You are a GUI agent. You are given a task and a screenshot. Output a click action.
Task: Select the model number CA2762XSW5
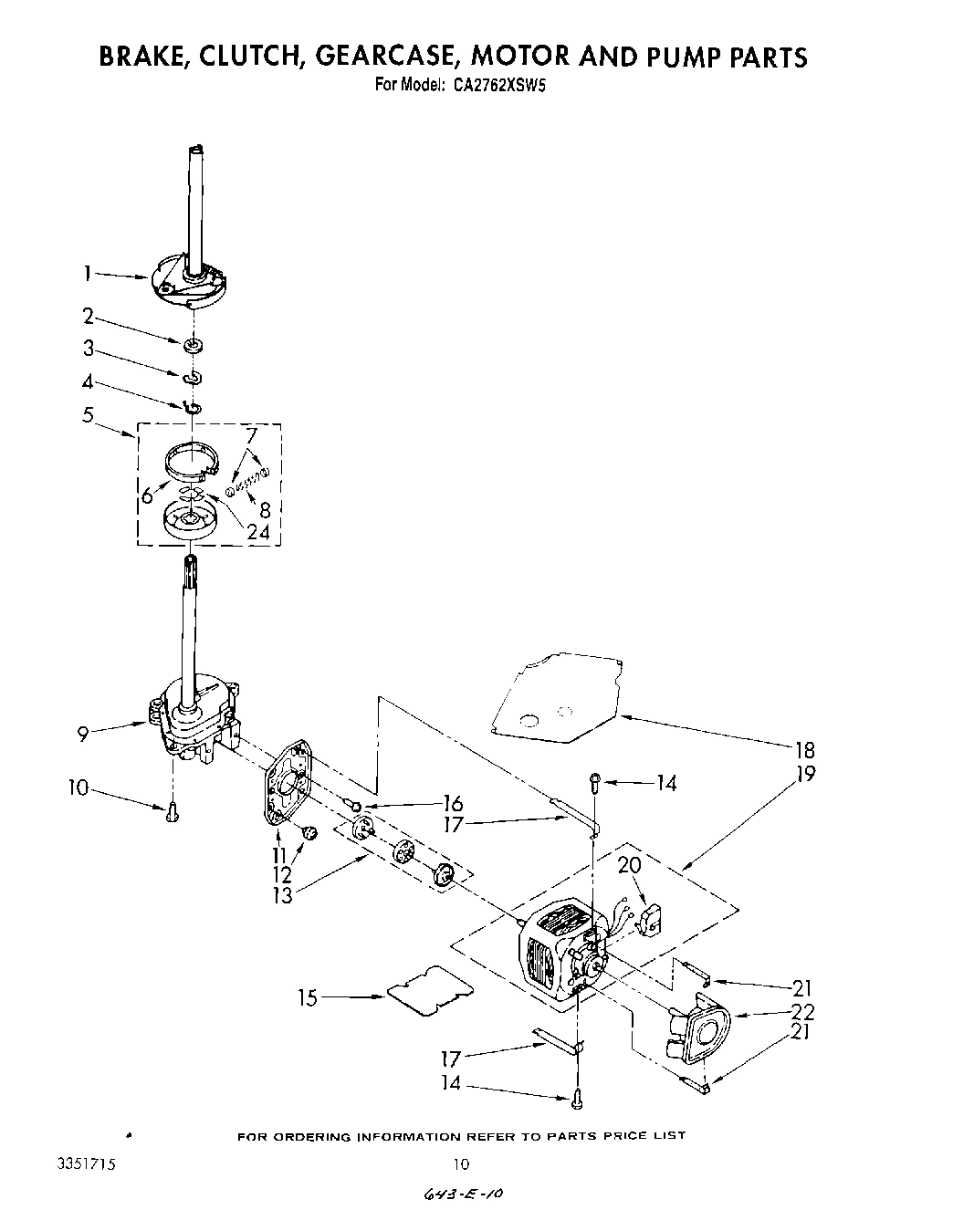point(493,86)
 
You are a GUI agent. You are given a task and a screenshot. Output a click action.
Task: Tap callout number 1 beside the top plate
point(88,272)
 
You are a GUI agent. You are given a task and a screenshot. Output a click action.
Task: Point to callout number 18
point(804,750)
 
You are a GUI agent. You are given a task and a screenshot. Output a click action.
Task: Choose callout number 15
point(308,998)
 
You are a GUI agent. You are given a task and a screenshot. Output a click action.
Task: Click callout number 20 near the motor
point(629,866)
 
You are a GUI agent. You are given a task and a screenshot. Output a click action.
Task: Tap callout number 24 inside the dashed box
point(257,531)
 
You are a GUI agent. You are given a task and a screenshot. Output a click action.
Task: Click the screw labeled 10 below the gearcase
point(173,811)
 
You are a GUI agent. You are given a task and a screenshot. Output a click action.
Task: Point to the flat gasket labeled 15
point(429,991)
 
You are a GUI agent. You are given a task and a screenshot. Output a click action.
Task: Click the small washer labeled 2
point(193,344)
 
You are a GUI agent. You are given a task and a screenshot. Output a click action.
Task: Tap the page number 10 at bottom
point(461,1163)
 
